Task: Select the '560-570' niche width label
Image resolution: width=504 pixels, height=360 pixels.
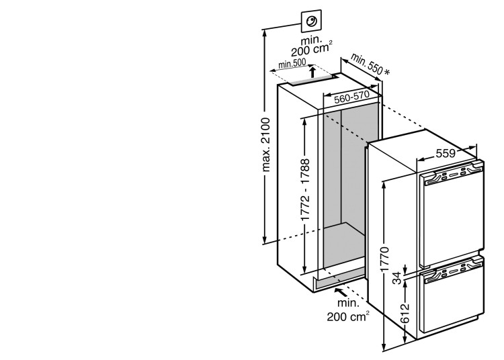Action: (352, 97)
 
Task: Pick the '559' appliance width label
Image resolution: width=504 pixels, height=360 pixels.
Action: (446, 152)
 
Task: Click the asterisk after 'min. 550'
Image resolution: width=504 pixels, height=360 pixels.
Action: (389, 71)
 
